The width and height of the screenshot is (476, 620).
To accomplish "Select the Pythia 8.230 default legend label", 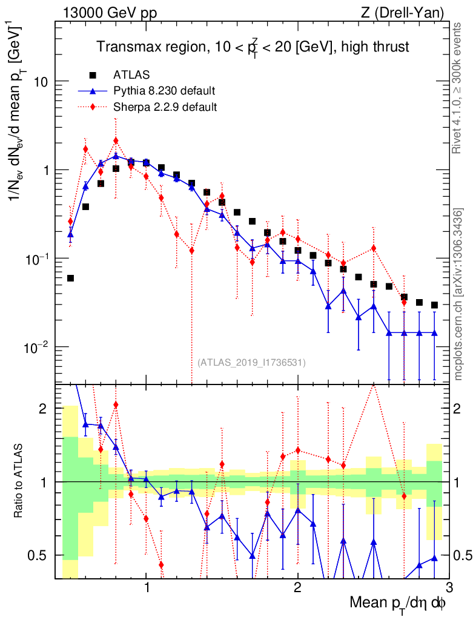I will pyautogui.click(x=164, y=91).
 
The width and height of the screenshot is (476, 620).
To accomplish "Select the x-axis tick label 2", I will pyautogui.click(x=297, y=587).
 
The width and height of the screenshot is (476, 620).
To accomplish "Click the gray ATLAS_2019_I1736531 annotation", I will pyautogui.click(x=251, y=363).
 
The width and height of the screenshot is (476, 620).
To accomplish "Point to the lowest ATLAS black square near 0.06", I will pyautogui.click(x=70, y=278).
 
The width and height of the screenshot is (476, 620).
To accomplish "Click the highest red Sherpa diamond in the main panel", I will pyautogui.click(x=116, y=140).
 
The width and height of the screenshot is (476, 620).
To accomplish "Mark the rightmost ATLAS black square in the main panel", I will pyautogui.click(x=434, y=305).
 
